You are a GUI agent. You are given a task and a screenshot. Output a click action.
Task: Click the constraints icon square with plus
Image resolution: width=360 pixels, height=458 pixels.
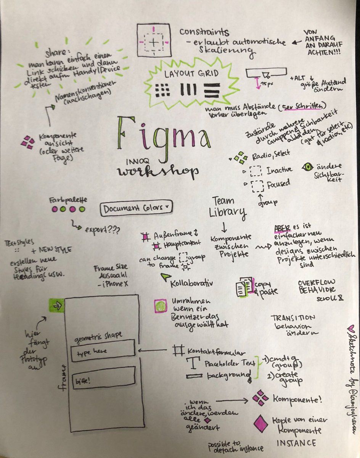[x=154, y=40]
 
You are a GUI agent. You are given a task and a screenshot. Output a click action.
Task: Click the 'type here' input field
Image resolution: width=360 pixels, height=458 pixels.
[x=103, y=350]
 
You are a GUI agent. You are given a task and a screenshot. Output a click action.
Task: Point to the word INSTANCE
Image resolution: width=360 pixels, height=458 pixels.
[x=296, y=443]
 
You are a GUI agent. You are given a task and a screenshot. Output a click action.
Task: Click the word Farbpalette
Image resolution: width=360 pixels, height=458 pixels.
[x=67, y=200]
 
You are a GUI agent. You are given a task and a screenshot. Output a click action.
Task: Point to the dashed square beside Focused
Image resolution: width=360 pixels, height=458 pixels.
[x=257, y=186]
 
